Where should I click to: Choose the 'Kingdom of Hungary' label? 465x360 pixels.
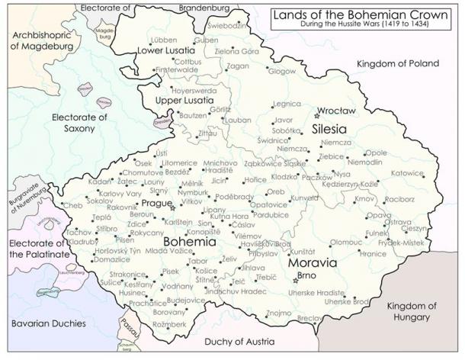pos(412,311)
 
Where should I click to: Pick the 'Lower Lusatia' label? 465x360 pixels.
pos(162,51)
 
